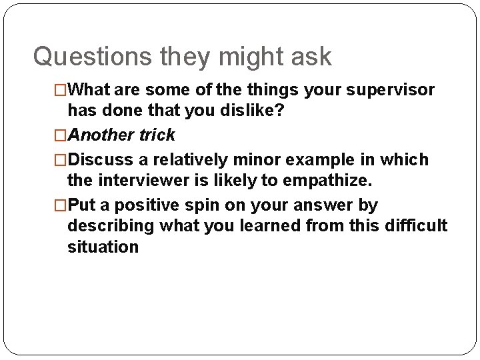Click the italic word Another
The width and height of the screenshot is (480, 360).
coord(102,135)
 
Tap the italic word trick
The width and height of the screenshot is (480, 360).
coord(157,135)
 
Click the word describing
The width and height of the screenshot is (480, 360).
coord(111,225)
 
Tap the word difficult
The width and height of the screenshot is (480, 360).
coord(416,225)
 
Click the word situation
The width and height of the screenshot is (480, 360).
coord(103,246)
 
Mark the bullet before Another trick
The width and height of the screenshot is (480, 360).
coord(61,135)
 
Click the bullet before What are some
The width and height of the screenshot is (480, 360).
coord(61,90)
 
